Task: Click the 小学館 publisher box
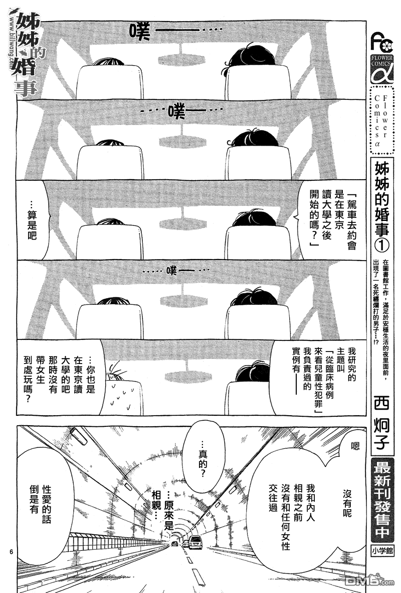pyautogui.click(x=382, y=551)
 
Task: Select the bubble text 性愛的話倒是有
pyautogui.click(x=41, y=499)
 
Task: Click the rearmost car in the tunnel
pyautogui.click(x=175, y=543)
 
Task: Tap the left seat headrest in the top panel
pyautogui.click(x=110, y=82)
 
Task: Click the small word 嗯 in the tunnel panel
pyautogui.click(x=354, y=446)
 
